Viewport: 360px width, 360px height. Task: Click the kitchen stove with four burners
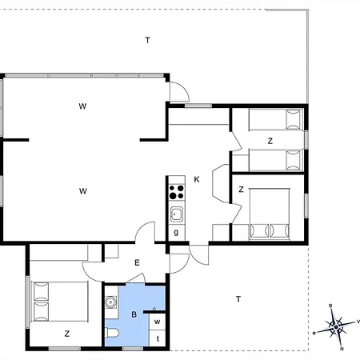click(x=177, y=192)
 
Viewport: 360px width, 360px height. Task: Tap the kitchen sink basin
click(x=177, y=214)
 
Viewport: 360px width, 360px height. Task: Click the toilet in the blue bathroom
click(x=112, y=333)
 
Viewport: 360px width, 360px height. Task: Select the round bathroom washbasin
click(x=110, y=302)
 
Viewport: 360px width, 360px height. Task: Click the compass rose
click(x=337, y=326)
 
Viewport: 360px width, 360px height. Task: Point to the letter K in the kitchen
click(x=197, y=179)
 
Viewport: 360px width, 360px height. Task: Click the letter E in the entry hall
click(x=137, y=262)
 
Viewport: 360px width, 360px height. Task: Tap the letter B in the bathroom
click(x=134, y=314)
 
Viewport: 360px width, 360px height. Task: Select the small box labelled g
click(x=176, y=232)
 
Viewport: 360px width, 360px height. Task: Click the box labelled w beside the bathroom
click(x=158, y=322)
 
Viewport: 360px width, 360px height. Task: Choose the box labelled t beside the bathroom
click(x=158, y=338)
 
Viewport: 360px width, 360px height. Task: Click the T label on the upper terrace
click(x=147, y=40)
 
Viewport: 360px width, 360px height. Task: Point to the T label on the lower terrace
click(x=238, y=299)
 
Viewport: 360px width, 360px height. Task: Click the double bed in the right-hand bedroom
click(x=270, y=214)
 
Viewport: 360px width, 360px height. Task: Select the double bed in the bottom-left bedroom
click(x=60, y=302)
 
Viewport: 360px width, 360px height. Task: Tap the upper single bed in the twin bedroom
click(x=276, y=119)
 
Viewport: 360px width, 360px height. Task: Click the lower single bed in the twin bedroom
click(x=276, y=160)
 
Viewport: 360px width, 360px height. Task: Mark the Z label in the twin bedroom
click(x=270, y=141)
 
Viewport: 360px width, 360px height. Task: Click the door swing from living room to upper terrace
click(x=180, y=91)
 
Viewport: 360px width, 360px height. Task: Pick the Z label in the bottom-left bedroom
click(x=67, y=334)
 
